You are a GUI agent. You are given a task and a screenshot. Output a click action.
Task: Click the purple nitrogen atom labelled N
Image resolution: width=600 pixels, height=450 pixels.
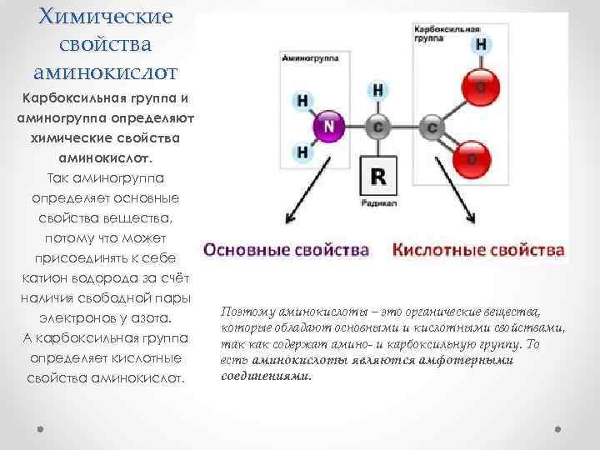click(x=328, y=127)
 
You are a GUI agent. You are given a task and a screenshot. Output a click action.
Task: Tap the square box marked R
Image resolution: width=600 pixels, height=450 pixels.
click(x=377, y=177)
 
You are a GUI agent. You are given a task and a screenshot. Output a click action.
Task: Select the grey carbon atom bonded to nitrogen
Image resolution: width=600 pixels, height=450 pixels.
click(x=377, y=127)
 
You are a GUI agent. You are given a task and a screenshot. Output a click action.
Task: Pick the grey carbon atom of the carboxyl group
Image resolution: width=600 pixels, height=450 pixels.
click(x=432, y=127)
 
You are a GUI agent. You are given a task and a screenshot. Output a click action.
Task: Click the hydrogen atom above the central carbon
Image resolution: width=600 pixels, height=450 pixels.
click(x=377, y=88)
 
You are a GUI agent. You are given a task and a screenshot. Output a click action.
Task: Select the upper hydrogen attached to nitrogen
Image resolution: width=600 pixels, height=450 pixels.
click(x=302, y=100)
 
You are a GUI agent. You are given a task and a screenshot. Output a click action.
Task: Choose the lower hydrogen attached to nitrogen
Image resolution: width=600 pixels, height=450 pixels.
click(x=302, y=152)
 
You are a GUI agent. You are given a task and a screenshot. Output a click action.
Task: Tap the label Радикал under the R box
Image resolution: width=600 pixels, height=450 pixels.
click(x=377, y=202)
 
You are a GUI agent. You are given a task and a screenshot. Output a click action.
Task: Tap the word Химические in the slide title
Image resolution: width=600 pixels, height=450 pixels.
click(x=106, y=17)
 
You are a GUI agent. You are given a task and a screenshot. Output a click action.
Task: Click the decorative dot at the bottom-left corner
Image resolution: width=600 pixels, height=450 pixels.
click(x=41, y=428)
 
